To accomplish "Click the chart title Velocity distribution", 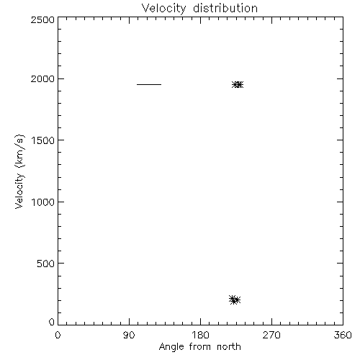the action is (199, 9).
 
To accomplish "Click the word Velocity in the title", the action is (163, 9).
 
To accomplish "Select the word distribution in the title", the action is (225, 8).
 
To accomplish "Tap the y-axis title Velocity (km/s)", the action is (19, 171).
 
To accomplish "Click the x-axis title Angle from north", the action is (199, 347).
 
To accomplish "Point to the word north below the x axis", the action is (229, 347).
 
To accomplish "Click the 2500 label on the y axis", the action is (42, 19).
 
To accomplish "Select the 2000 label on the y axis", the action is (42, 78).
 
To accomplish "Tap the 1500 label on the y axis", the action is (43, 140).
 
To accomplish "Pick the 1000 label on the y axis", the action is (43, 202).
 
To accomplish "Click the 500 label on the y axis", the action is (45, 264).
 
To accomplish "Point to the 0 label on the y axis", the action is (52, 322).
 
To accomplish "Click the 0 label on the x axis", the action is (58, 335).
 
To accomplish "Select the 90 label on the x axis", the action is (129, 335).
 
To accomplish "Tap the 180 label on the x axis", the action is (200, 335).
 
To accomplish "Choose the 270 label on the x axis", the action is (271, 335).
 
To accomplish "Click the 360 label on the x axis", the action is (343, 335).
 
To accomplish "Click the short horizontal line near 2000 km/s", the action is (149, 84).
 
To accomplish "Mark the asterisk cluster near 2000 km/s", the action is (238, 84).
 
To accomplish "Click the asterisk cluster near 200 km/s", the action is (235, 300).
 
